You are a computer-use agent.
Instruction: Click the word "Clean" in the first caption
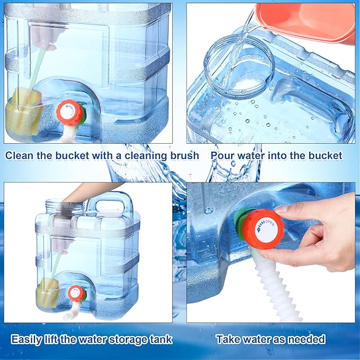[20, 155]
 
